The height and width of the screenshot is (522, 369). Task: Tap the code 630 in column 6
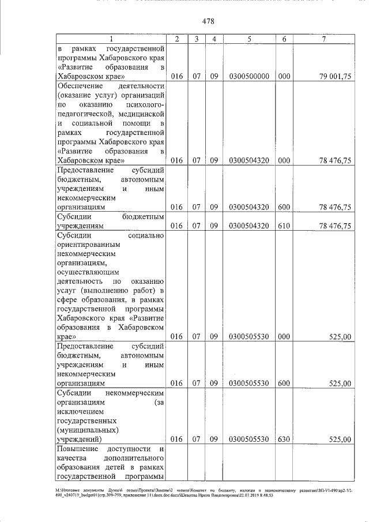click(284, 439)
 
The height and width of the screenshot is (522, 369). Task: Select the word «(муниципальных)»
click(86, 429)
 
